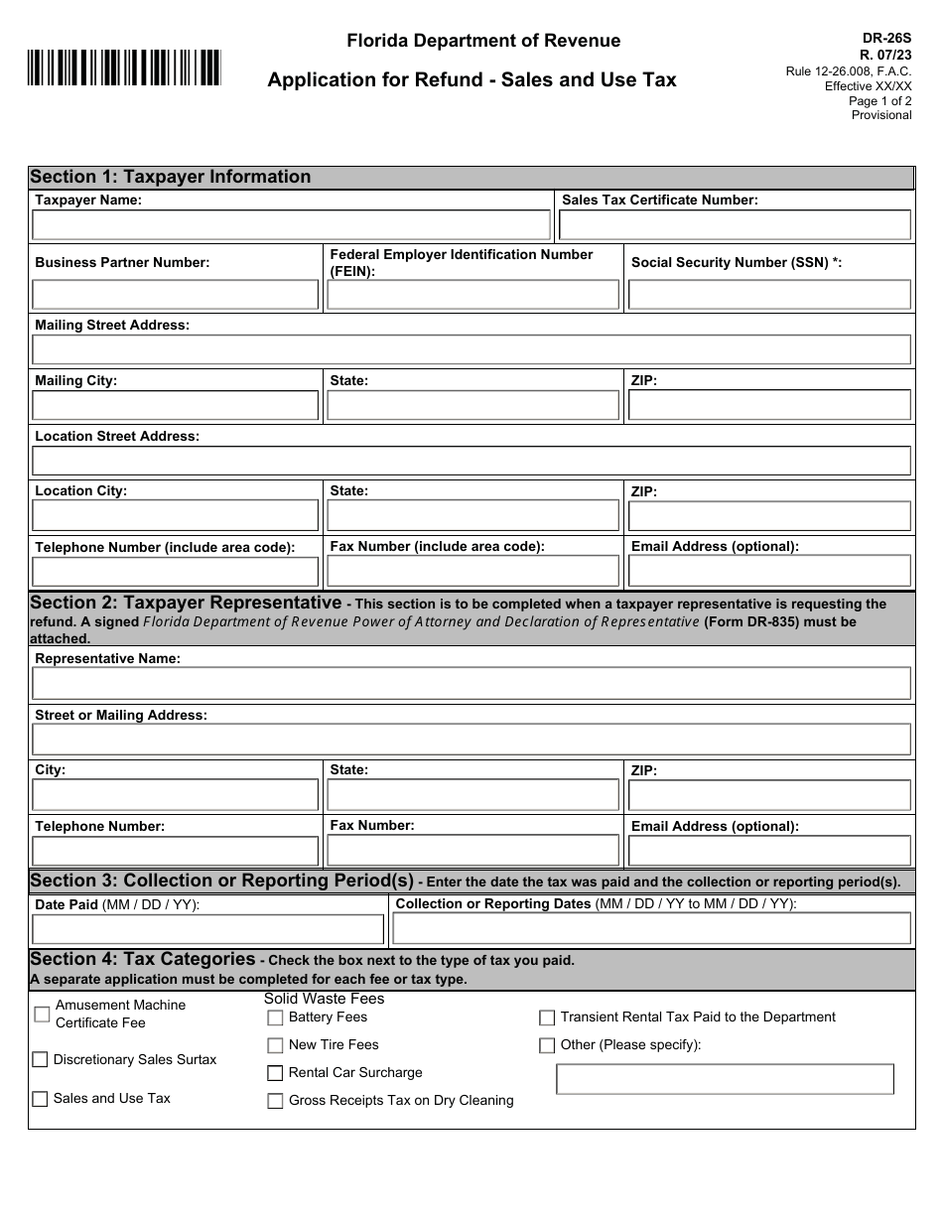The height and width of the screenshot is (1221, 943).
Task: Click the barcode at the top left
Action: pos(124,68)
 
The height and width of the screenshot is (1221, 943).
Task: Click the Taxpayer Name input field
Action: pos(291,225)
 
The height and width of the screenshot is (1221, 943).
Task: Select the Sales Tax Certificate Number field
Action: pos(735,225)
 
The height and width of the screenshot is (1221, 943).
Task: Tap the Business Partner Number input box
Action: pos(176,295)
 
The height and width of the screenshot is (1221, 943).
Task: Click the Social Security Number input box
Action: pos(769,295)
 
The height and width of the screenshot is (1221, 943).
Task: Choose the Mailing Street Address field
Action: pos(471,349)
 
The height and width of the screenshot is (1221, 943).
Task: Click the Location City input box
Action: pos(176,516)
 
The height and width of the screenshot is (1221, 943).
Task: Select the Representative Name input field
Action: pos(471,683)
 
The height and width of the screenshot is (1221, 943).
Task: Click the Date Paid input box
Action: pos(207,929)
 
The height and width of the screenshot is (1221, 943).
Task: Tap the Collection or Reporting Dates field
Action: pos(651,928)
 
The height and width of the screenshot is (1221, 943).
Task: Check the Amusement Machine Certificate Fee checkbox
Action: pos(42,1014)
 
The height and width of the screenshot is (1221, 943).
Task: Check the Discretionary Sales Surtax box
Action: pos(40,1059)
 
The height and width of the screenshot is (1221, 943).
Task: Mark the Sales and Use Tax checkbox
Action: pos(40,1099)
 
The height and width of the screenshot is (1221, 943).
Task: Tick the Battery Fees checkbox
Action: pos(275,1017)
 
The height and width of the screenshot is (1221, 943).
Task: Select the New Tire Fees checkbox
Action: pos(275,1045)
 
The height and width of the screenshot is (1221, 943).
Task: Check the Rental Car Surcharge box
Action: pos(275,1073)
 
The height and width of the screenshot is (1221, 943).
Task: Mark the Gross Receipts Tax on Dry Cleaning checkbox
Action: pos(275,1101)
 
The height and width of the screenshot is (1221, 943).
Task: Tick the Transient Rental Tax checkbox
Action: pos(547,1017)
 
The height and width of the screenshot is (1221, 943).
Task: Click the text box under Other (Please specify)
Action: pos(725,1079)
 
